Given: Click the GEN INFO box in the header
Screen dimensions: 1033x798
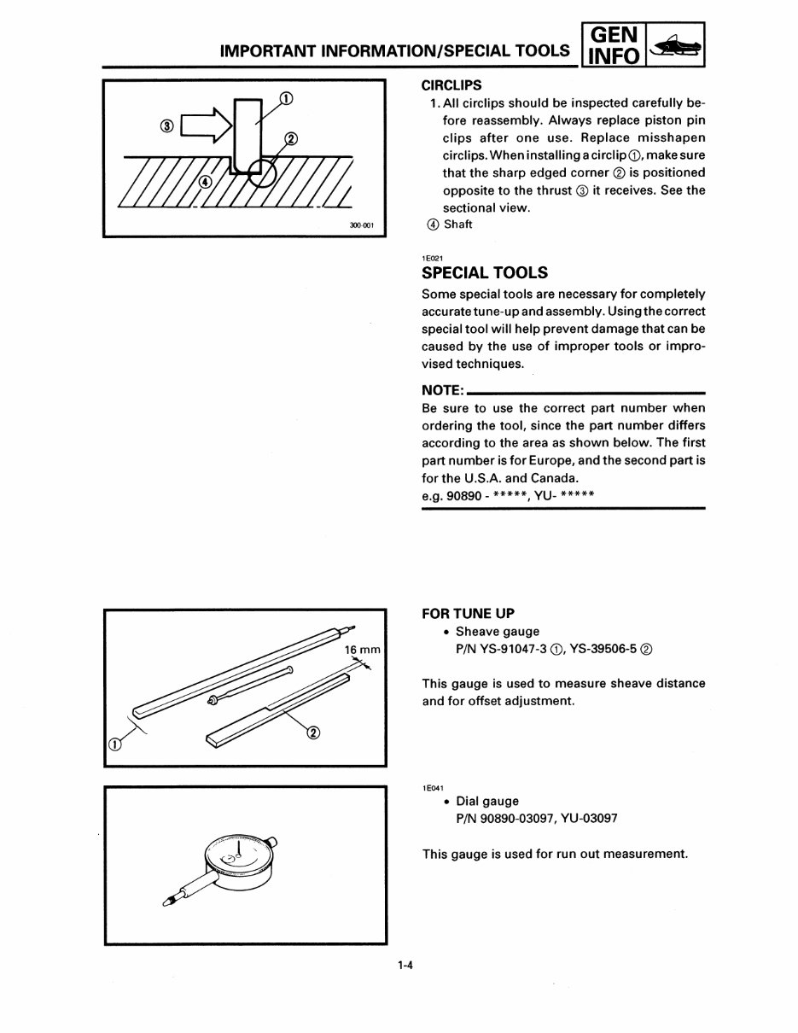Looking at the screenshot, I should click(x=612, y=44).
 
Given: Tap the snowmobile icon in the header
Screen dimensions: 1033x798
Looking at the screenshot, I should click(x=676, y=44).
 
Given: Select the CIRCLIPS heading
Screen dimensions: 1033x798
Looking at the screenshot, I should click(x=451, y=85).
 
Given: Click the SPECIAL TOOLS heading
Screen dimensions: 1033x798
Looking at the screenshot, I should click(x=485, y=272).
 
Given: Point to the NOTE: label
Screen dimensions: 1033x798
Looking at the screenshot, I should click(x=442, y=390).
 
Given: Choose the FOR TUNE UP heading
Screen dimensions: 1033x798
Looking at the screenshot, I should click(x=469, y=614).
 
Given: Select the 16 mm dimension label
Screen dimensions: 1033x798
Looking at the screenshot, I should click(x=361, y=650).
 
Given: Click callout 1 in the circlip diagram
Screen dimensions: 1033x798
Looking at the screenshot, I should click(x=287, y=97).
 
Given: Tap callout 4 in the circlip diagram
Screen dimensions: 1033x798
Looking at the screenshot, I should click(x=206, y=182).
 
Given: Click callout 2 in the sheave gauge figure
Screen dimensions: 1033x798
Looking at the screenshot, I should click(x=312, y=732).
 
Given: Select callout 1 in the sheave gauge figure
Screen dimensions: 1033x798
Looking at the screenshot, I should click(x=112, y=744).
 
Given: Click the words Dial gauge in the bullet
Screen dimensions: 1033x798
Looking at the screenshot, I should click(x=487, y=801).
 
